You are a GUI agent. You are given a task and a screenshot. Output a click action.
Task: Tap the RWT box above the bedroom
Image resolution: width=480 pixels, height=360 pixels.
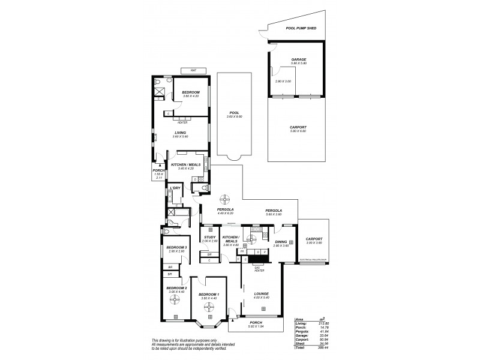(x=193, y=71)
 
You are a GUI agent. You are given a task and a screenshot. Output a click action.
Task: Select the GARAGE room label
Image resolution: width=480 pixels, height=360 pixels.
(x=299, y=59)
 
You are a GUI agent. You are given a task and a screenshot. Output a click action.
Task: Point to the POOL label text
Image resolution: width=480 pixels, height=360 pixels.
(x=234, y=112)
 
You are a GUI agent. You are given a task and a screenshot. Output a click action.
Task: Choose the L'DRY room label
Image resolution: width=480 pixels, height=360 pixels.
(x=175, y=188)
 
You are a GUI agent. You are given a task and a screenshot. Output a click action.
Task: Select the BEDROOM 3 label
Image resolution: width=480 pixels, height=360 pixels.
(x=177, y=247)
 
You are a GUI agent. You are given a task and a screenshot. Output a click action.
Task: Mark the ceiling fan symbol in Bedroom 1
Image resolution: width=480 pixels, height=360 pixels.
(x=209, y=306)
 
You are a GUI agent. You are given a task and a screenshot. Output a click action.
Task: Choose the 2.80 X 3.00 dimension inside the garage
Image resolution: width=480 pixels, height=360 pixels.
(x=283, y=81)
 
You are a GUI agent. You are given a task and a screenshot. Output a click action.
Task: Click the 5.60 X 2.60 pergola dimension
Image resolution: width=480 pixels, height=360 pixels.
(x=274, y=214)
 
